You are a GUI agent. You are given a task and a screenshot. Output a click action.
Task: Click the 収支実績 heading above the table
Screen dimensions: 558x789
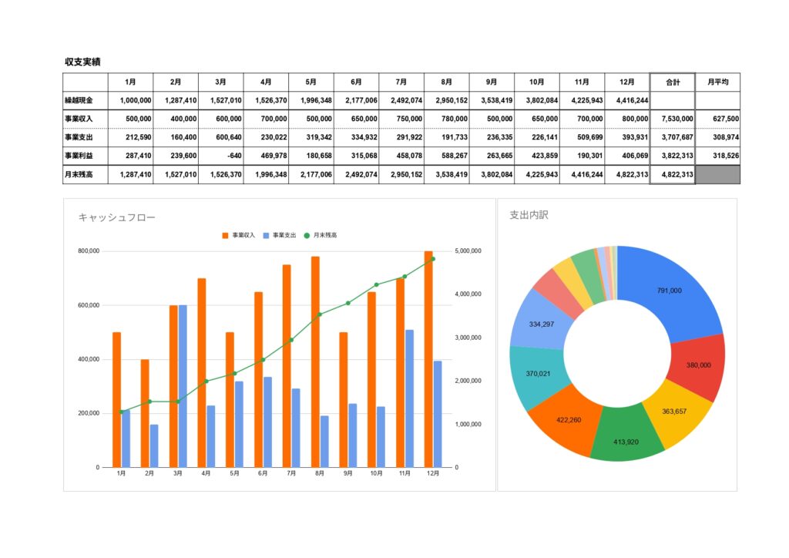pyautogui.click(x=83, y=62)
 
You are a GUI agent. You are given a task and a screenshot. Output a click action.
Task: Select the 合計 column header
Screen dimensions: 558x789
pyautogui.click(x=673, y=82)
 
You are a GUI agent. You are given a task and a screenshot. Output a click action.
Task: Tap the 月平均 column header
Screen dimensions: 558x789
pyautogui.click(x=717, y=82)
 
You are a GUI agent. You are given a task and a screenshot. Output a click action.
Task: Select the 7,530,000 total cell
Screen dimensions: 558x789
pyautogui.click(x=673, y=119)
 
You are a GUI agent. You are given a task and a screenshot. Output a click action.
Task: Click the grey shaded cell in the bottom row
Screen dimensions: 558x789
pyautogui.click(x=717, y=175)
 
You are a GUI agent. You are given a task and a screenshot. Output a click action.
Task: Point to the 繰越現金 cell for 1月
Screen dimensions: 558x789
pyautogui.click(x=130, y=100)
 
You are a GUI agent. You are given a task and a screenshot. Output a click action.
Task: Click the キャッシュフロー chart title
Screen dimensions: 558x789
pyautogui.click(x=116, y=218)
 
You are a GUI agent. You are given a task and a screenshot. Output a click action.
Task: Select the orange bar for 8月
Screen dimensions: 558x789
pyautogui.click(x=315, y=361)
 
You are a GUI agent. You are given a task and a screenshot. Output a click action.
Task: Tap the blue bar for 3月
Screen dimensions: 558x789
pyautogui.click(x=183, y=385)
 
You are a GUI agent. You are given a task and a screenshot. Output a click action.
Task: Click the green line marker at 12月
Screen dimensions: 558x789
pyautogui.click(x=432, y=259)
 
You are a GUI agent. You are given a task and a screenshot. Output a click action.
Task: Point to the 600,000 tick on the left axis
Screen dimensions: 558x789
pyautogui.click(x=89, y=305)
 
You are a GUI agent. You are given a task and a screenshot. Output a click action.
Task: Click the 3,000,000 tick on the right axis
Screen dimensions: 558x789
pyautogui.click(x=468, y=338)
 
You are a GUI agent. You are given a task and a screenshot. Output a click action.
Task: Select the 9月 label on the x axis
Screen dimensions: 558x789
pyautogui.click(x=347, y=473)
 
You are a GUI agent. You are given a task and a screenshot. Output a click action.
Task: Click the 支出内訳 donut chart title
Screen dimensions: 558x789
pyautogui.click(x=529, y=215)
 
